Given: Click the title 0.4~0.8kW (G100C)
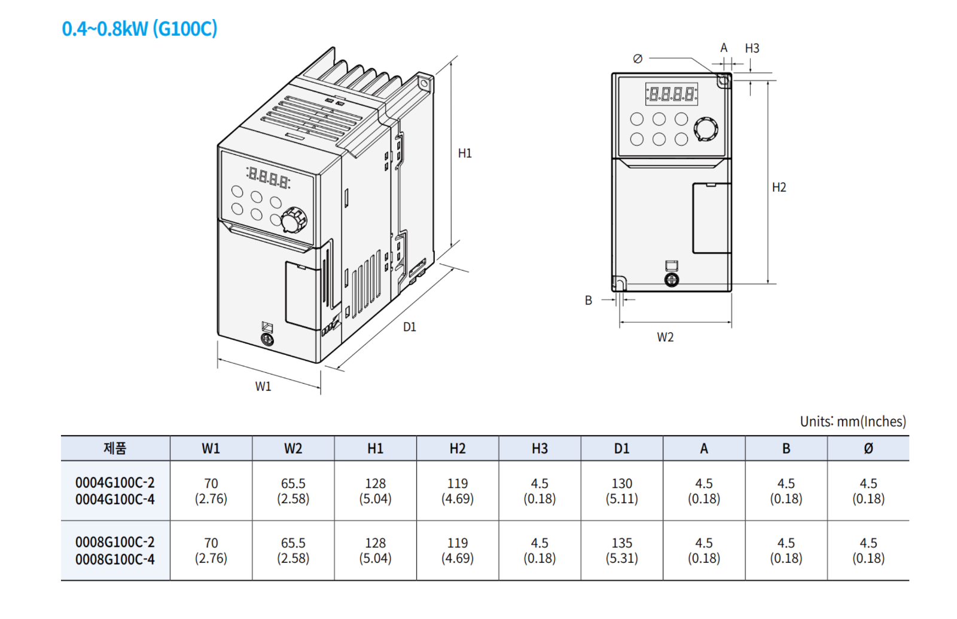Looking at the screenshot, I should (x=139, y=28).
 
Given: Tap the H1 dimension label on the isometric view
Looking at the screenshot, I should (x=465, y=154).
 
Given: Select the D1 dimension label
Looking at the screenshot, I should (x=409, y=327).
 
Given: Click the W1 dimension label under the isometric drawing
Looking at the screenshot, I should (x=263, y=387).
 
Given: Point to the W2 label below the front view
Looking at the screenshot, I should (x=665, y=337).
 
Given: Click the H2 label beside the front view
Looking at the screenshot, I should (x=779, y=188).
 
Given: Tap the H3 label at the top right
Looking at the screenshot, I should (x=752, y=48).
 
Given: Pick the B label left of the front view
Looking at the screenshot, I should (x=589, y=301).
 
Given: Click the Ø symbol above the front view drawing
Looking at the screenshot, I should (x=638, y=59).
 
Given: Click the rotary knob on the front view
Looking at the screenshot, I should (x=706, y=129).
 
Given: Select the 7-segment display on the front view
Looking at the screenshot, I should (x=672, y=94).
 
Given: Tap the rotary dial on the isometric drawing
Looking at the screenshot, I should (x=293, y=219).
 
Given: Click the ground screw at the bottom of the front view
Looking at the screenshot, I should (x=672, y=280).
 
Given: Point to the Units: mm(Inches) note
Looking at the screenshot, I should (x=852, y=422).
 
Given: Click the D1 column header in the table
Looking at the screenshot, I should (x=621, y=449).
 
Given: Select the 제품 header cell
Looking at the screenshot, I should (x=115, y=449).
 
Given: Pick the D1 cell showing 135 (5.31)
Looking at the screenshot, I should (x=621, y=550).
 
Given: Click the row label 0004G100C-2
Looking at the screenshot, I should (x=115, y=482).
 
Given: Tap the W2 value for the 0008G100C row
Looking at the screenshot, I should (x=293, y=550).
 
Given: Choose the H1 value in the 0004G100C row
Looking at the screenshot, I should (x=375, y=491).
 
